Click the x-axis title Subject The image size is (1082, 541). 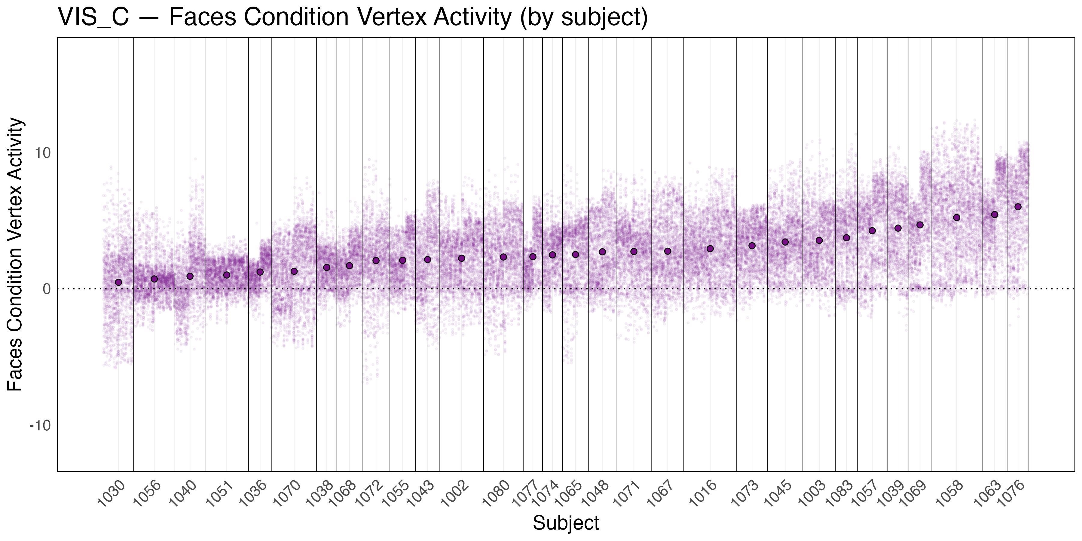point(566,523)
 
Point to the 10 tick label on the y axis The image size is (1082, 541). point(42,153)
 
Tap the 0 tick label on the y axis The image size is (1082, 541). point(46,289)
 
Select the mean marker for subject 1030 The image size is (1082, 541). point(118,282)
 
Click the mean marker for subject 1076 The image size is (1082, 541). point(1018,207)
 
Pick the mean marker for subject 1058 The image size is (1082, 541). point(956,218)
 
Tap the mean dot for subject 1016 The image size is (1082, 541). point(710,249)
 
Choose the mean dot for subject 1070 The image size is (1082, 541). point(294,271)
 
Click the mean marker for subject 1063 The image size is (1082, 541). point(994,215)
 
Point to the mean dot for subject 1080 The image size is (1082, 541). point(503,257)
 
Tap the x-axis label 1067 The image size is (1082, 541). point(660,494)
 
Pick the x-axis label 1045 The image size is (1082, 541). point(778,494)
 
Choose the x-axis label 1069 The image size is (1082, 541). point(913,494)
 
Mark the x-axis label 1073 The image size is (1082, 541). point(745,494)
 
